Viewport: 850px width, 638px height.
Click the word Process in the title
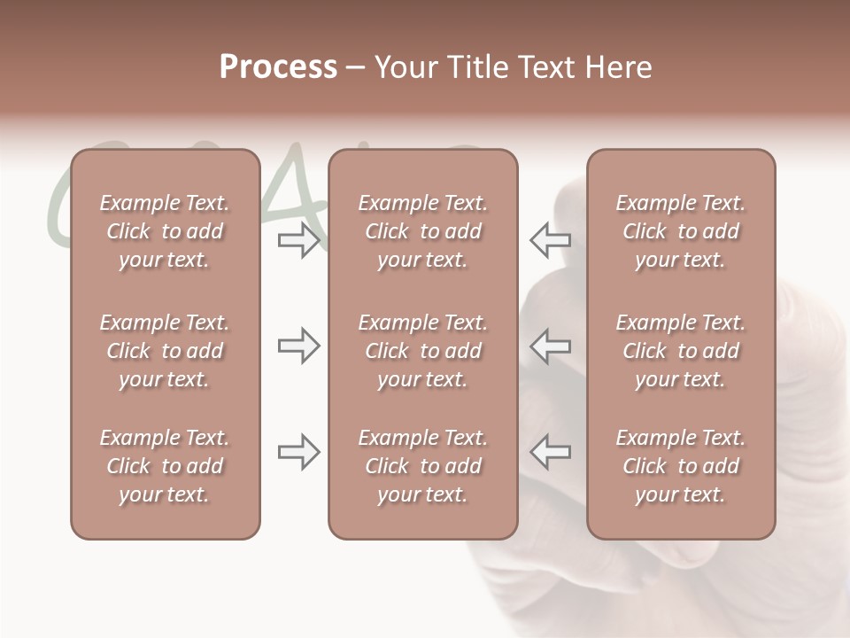[278, 67]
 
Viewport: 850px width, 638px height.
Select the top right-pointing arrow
[298, 240]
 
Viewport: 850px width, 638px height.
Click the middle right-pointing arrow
[298, 346]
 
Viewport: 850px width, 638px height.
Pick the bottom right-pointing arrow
[298, 453]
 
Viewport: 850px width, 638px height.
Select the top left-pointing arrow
[550, 240]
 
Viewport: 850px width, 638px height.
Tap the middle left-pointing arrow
[550, 346]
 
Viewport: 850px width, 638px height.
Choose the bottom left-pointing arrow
[550, 453]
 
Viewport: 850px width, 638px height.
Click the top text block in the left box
[165, 231]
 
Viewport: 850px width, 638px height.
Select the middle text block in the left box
[165, 351]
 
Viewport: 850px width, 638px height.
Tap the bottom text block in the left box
[165, 466]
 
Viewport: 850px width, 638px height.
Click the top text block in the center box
[422, 231]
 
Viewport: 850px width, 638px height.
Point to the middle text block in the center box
[422, 351]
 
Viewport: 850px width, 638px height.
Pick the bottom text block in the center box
[422, 466]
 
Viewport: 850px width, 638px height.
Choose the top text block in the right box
[680, 231]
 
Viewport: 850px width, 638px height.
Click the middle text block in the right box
[680, 351]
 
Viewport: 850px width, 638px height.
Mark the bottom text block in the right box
[680, 466]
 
